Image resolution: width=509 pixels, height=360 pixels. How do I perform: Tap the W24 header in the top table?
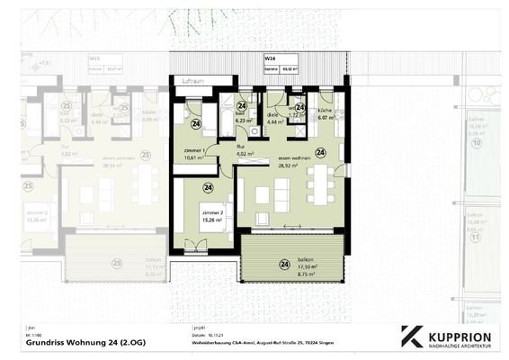click(x=271, y=58)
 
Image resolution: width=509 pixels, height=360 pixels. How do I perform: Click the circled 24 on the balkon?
click(x=285, y=264)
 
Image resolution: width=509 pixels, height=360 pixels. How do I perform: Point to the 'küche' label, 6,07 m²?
click(x=325, y=111)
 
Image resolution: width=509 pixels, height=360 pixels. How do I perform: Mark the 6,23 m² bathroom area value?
click(x=241, y=121)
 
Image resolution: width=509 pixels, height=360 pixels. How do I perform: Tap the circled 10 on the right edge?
click(x=478, y=143)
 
